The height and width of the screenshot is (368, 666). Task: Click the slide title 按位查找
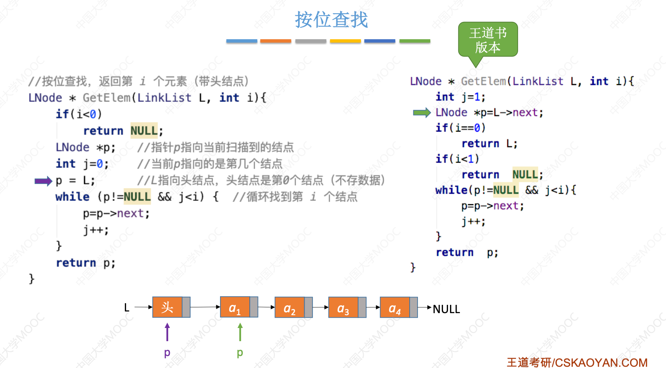(331, 20)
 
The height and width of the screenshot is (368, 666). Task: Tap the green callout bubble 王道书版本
(488, 40)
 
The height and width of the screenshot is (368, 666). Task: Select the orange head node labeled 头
(167, 307)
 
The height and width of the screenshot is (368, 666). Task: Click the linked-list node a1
(235, 307)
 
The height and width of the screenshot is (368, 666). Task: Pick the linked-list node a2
(290, 308)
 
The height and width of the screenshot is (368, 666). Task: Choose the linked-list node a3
(343, 308)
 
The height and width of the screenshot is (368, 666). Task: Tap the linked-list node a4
(395, 308)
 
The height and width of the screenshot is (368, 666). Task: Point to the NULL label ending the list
(446, 309)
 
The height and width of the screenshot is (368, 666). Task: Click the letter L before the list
(127, 308)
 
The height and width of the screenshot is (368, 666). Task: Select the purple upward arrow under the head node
(167, 332)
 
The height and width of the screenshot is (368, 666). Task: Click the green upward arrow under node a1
(240, 332)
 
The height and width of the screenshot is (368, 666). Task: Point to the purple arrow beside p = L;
(43, 181)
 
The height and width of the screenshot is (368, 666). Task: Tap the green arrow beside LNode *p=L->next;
(422, 113)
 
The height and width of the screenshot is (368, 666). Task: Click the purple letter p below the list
(167, 353)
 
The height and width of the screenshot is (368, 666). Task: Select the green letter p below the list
(240, 353)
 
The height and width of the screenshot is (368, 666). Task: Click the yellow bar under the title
(345, 41)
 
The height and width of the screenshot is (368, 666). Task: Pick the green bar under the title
(415, 41)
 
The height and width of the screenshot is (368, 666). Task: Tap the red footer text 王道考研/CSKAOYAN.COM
(577, 362)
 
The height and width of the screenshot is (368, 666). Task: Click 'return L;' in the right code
(489, 144)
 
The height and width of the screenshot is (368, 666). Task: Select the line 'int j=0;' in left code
(82, 164)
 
